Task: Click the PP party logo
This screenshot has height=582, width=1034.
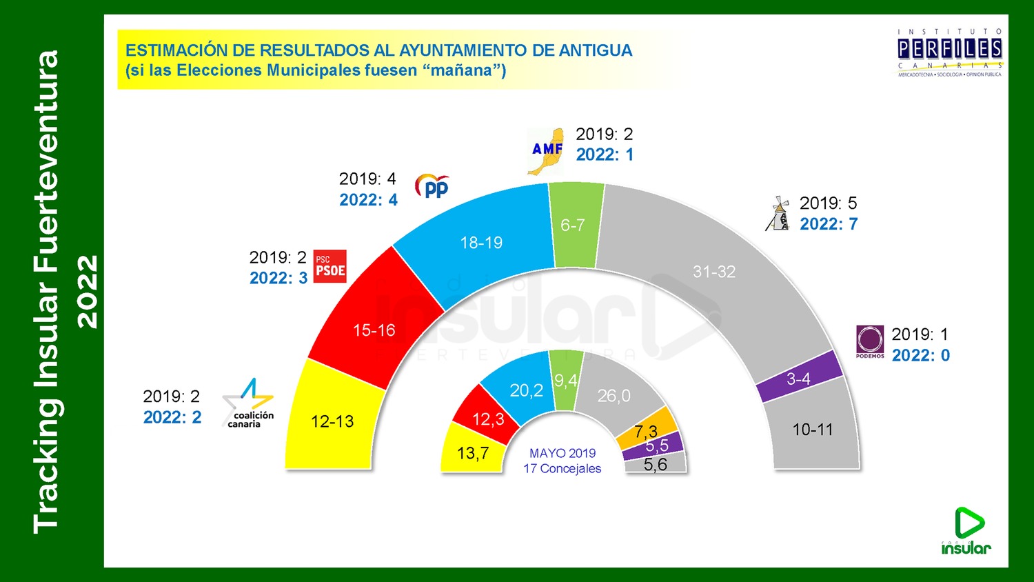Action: coord(432,186)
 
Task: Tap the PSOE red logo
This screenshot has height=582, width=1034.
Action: coord(330,266)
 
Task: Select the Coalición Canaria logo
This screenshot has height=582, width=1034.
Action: coord(248,403)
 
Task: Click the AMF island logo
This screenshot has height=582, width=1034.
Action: coord(546,151)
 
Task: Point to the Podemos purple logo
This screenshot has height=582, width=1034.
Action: coord(870,341)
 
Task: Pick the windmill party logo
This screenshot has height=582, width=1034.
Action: coord(778,214)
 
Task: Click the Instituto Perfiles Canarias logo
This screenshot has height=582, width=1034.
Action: coord(950,52)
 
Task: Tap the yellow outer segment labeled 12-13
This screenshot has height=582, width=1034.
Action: coord(332,421)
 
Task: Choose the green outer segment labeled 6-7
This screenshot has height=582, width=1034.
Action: coord(574,225)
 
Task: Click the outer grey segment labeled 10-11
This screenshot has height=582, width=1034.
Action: coord(813,430)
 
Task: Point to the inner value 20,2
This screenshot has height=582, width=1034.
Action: coord(526,391)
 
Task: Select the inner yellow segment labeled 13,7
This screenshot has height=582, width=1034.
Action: coord(473,453)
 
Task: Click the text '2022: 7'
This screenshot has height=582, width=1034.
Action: coord(829,224)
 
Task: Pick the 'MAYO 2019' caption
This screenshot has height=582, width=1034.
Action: coord(562,453)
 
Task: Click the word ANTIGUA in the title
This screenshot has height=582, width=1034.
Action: coord(595,50)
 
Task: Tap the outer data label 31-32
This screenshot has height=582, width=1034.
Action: coord(714,272)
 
